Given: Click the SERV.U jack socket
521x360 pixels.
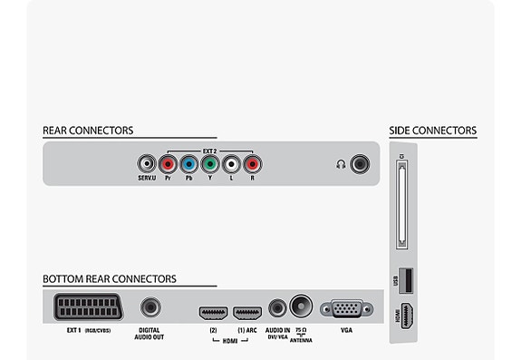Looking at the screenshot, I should (146, 164).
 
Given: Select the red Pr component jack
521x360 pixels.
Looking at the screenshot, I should (168, 164).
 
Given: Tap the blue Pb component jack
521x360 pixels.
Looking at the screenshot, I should (188, 164).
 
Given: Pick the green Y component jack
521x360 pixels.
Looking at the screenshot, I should (209, 164).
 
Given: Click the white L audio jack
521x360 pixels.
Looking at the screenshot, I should (231, 164).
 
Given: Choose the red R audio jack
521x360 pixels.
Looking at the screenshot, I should (252, 164).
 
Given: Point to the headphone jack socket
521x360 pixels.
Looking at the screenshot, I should (360, 164).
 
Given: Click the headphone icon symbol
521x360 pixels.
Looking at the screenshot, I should (340, 164).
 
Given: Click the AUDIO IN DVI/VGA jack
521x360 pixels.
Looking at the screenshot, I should (277, 308).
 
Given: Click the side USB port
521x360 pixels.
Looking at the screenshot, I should (403, 281).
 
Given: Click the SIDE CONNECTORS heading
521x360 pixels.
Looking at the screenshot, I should (432, 131).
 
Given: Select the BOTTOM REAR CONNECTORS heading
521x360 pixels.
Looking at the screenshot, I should (110, 278).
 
